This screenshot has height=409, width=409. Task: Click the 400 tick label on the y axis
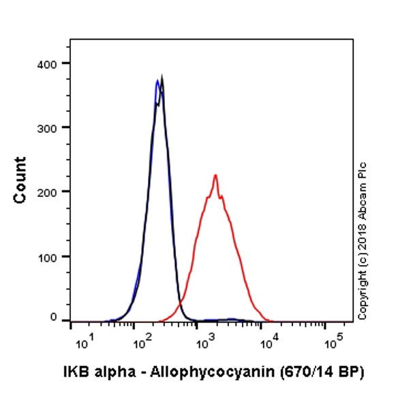tap(47, 63)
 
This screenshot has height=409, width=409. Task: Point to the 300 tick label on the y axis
tap(47, 127)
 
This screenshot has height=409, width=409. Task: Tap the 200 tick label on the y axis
tap(47, 192)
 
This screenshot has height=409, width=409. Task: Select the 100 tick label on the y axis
tap(47, 256)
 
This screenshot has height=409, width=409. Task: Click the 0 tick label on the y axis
tap(54, 317)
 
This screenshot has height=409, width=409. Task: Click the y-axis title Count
tap(20, 180)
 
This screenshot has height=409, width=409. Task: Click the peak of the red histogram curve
tap(215, 176)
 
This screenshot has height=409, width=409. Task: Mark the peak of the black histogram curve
tap(162, 78)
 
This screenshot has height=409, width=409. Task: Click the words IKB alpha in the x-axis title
tap(96, 372)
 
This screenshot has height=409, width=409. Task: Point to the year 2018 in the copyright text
tap(362, 229)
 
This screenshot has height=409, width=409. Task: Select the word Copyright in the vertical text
tap(362, 286)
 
